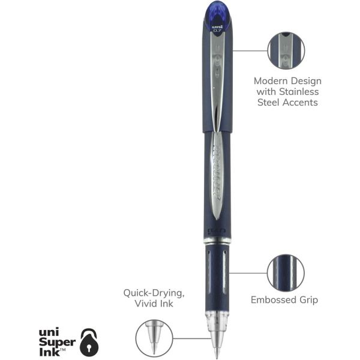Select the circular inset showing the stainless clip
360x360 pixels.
[286, 50]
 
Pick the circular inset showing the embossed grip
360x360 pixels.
[286, 272]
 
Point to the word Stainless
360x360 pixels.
[298, 92]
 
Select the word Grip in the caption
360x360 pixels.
[308, 299]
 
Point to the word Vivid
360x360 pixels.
[145, 304]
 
